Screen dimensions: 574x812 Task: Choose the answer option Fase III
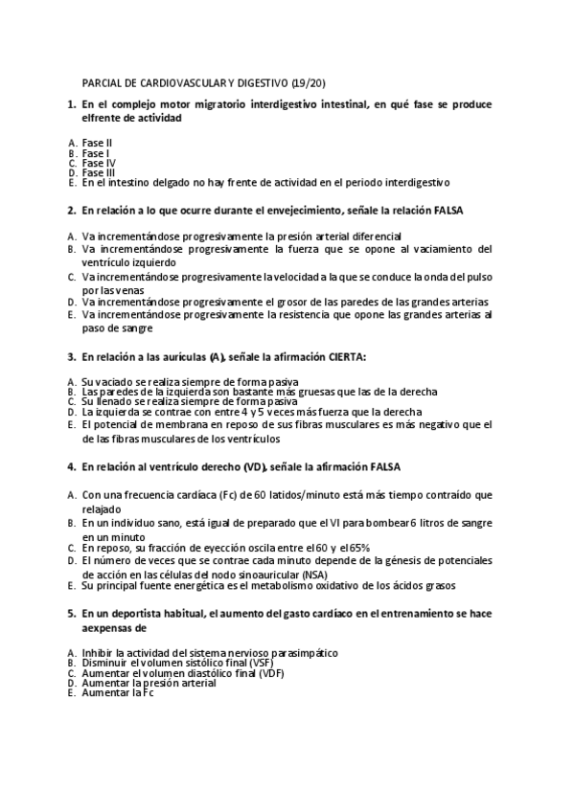(x=99, y=172)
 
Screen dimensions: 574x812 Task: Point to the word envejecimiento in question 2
(x=277, y=209)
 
